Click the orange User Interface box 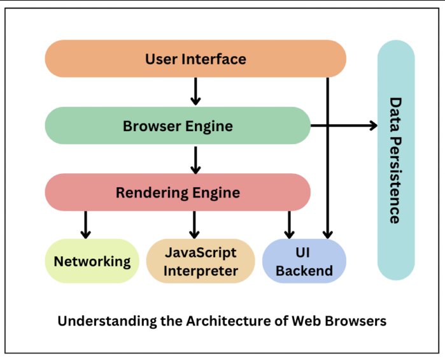point(195,59)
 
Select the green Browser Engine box point(178,126)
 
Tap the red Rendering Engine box point(178,192)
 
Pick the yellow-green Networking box point(92,261)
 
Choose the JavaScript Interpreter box point(201,261)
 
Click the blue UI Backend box point(304,261)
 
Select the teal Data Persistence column point(396,159)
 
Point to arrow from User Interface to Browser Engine point(195,91)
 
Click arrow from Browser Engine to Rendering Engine point(195,159)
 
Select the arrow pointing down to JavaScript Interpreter point(195,224)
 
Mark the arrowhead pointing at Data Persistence point(372,126)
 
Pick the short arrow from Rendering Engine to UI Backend point(290,224)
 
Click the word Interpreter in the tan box point(201,271)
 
